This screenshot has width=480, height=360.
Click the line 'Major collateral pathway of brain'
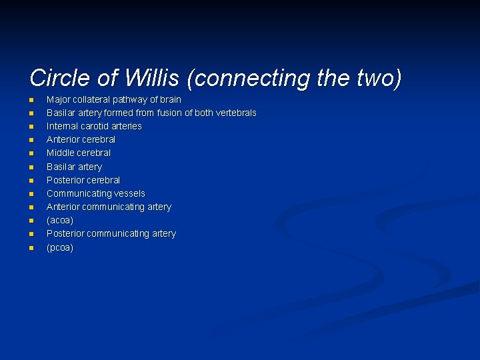[113, 99]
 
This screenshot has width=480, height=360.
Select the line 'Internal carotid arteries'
[94, 126]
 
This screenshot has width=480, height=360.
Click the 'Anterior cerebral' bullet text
[81, 139]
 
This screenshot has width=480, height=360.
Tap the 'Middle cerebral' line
[79, 153]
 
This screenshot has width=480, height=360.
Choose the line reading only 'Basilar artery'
[74, 167]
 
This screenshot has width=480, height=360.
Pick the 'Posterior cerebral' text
[83, 180]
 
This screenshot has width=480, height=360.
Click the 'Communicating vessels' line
[95, 193]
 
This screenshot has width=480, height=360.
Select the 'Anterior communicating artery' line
[109, 207]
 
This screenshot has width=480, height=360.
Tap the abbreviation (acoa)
[60, 220]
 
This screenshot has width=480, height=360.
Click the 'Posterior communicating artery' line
[111, 233]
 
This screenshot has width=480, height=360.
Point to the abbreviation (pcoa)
[60, 247]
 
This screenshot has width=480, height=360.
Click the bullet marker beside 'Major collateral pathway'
[31, 100]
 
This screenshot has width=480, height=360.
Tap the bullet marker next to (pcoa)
[31, 248]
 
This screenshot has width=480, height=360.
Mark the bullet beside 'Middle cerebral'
[31, 153]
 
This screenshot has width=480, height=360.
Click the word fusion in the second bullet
[169, 113]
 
